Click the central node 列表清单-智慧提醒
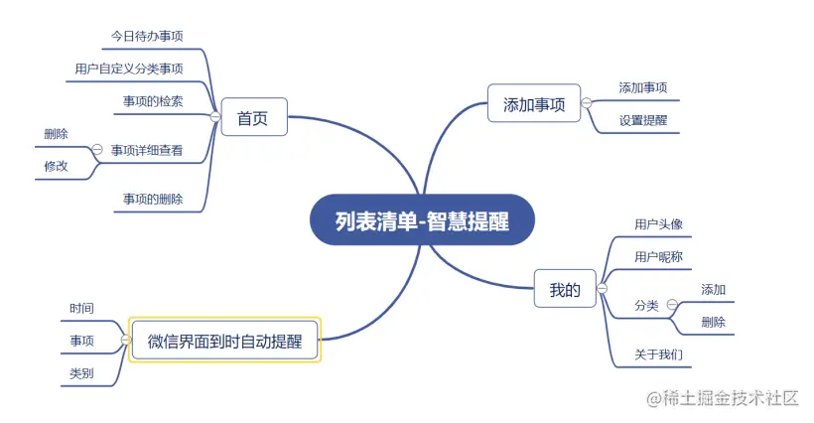click(422, 221)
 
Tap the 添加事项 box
click(534, 103)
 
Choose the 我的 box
click(564, 290)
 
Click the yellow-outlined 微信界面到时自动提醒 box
click(225, 341)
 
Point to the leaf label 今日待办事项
click(147, 36)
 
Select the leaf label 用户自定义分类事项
click(129, 69)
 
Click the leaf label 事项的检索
click(153, 101)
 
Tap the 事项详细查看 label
click(147, 150)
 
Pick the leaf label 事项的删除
click(153, 199)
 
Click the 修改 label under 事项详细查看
click(56, 167)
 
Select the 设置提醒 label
click(643, 120)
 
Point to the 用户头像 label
click(659, 223)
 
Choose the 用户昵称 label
click(659, 256)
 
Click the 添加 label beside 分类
click(713, 289)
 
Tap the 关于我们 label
click(659, 354)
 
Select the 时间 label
click(82, 309)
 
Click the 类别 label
click(82, 373)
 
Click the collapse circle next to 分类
click(672, 305)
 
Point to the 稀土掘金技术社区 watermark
click(723, 398)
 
